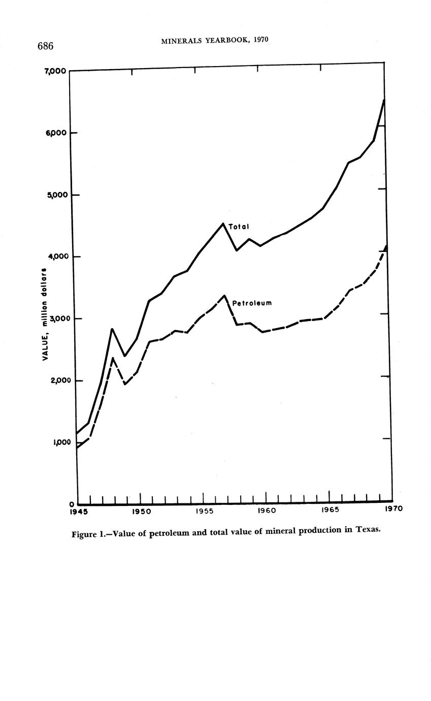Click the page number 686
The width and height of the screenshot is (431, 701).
pyautogui.click(x=45, y=46)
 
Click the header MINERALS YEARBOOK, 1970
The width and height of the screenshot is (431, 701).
pyautogui.click(x=214, y=41)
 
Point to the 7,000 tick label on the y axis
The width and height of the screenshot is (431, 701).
pyautogui.click(x=53, y=71)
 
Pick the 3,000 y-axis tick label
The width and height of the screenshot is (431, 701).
pyautogui.click(x=57, y=318)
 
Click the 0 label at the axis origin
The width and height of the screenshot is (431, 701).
pyautogui.click(x=72, y=504)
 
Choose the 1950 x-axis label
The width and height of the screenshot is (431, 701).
pyautogui.click(x=141, y=511)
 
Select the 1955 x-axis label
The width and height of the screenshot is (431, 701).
pyautogui.click(x=204, y=511)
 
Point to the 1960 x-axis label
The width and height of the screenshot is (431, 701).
pyautogui.click(x=267, y=510)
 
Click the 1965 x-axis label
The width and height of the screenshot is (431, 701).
pyautogui.click(x=330, y=509)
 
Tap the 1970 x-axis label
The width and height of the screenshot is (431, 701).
pyautogui.click(x=393, y=508)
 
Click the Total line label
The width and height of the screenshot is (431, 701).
pyautogui.click(x=238, y=227)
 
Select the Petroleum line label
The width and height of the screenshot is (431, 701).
pyautogui.click(x=252, y=303)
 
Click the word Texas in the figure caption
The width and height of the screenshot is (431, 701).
pyautogui.click(x=367, y=529)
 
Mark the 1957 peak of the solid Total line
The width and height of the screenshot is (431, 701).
pyautogui.click(x=223, y=224)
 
